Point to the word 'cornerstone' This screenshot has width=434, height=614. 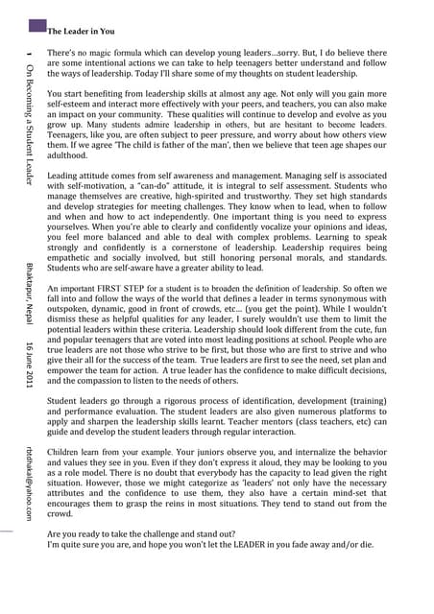[x=240, y=254]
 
